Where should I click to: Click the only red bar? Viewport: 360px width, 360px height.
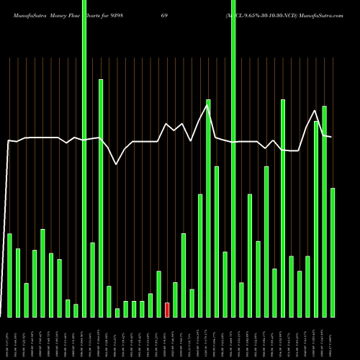(167, 310)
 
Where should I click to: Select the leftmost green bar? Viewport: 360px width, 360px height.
(9, 275)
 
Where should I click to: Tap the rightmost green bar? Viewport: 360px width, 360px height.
(333, 252)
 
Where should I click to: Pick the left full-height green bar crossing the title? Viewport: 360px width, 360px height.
(84, 158)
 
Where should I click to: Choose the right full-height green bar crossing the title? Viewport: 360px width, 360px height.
(233, 158)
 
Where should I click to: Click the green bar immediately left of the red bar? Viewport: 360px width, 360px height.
(158, 294)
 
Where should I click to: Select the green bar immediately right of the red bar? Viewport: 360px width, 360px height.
(175, 300)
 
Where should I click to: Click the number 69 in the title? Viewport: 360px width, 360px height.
(185, 14)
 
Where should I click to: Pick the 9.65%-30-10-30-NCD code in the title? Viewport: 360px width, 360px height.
(260, 14)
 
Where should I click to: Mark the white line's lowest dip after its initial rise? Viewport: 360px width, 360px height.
(117, 165)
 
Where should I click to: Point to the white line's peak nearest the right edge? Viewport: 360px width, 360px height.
(315, 111)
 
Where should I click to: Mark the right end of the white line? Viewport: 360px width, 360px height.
(332, 137)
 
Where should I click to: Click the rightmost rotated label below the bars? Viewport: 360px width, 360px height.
(333, 338)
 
